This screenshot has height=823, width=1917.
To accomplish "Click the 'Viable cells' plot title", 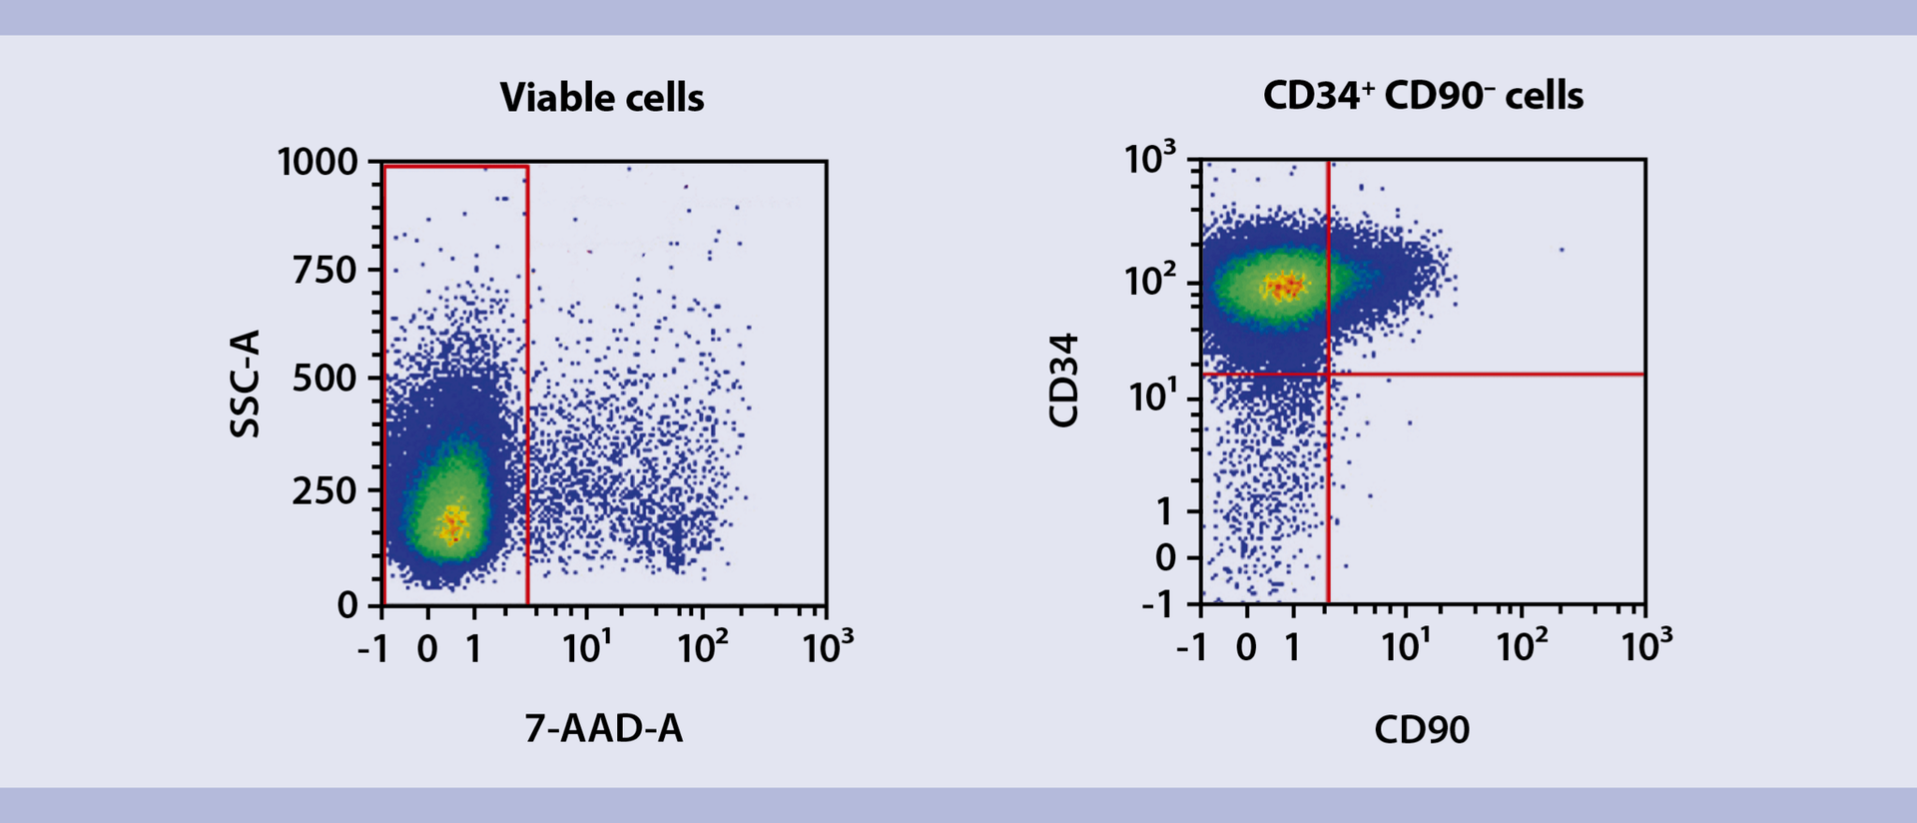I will [x=602, y=98].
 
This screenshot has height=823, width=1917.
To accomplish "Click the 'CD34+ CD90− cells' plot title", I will [x=1423, y=96].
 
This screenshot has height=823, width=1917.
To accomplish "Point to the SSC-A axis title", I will [x=245, y=384].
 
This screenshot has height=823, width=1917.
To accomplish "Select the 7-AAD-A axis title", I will [x=604, y=729].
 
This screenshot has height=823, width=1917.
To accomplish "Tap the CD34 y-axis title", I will [x=1064, y=381].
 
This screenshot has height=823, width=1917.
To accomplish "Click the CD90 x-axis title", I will [x=1422, y=730].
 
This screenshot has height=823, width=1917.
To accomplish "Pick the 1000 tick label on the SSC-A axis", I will [x=317, y=162].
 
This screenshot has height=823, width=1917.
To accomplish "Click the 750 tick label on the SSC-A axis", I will [x=324, y=270].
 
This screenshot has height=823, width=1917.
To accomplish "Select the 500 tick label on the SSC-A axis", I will [x=324, y=379].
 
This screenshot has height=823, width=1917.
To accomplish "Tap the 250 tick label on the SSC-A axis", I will [x=324, y=490].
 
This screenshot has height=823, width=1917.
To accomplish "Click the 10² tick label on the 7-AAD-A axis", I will [x=702, y=648].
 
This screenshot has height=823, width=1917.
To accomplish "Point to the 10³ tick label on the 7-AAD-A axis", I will [x=828, y=648].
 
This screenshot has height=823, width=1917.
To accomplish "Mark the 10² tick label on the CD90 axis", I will [x=1521, y=647].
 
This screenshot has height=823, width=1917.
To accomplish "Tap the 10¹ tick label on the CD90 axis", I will [x=1406, y=647].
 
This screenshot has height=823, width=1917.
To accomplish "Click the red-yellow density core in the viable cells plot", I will [x=454, y=522].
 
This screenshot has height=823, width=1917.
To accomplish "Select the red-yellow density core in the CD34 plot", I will [x=1283, y=287].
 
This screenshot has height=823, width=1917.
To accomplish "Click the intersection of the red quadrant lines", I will [x=1328, y=375].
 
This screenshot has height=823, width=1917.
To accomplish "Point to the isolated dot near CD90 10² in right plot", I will [x=1561, y=250].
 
